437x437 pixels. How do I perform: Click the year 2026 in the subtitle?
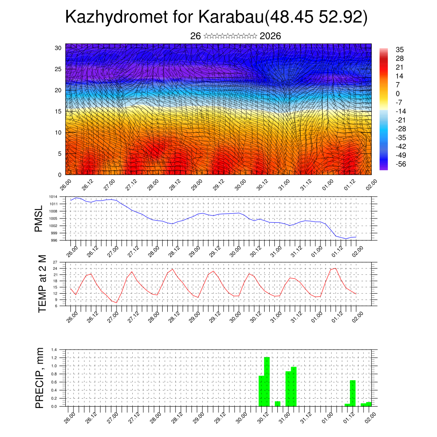point(270,36)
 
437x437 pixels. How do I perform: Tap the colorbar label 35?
point(400,50)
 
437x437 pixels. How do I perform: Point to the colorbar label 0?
point(398,93)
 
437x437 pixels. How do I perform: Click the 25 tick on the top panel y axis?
point(58,69)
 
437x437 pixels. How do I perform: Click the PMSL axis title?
point(39,218)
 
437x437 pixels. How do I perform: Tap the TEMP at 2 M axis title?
point(42,284)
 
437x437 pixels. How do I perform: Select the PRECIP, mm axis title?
point(40,378)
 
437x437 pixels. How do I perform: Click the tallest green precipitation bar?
point(267,382)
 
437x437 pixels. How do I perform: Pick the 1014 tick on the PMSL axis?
point(53,197)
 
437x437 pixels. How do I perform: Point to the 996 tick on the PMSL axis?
point(54,240)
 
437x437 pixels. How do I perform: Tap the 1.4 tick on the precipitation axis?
point(54,350)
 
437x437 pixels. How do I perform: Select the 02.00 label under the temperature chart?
point(358,316)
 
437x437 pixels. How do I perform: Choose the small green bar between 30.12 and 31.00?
point(277,404)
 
